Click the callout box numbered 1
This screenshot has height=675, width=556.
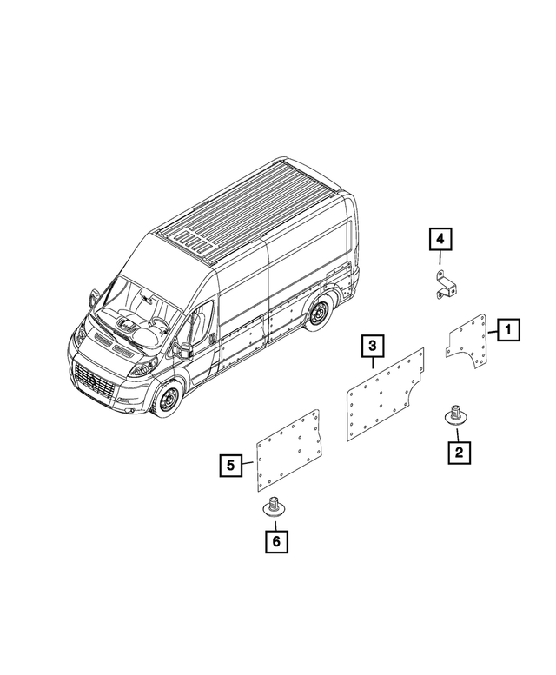(508, 329)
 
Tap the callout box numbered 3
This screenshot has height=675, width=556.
(372, 347)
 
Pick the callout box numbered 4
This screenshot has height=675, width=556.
(440, 236)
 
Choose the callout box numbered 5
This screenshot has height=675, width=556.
(230, 466)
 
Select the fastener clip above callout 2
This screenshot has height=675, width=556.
(453, 414)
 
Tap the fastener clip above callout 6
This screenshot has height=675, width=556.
(275, 507)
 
